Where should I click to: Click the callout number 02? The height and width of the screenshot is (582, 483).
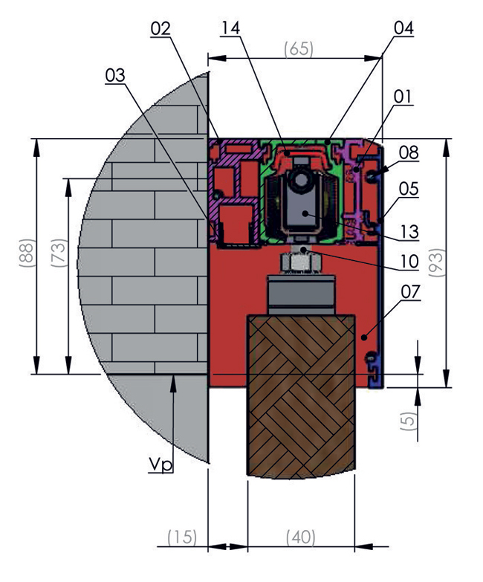161,28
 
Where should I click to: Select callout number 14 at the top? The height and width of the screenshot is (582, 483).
230,28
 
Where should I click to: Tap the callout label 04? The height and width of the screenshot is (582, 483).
403,28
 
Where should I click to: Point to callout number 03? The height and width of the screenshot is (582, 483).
115,75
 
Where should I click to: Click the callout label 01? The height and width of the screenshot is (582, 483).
403,97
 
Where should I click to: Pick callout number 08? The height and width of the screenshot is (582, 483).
409,153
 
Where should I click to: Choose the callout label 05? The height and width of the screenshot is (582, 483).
409,189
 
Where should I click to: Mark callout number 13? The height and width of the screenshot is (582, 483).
409,232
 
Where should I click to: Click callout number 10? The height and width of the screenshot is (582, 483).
409,262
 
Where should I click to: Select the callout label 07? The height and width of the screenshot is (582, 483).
411,291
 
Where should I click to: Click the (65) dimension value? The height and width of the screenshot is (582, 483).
299,49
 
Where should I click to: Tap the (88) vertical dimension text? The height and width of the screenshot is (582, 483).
27,253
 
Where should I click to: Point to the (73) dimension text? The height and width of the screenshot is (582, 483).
59,253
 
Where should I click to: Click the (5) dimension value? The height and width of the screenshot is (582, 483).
408,421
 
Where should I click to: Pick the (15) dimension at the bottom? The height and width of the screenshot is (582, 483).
182,537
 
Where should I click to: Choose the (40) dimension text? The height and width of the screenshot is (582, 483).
301,537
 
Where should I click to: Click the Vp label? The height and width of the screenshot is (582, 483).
161,465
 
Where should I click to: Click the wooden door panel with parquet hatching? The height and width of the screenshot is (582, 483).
301,396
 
